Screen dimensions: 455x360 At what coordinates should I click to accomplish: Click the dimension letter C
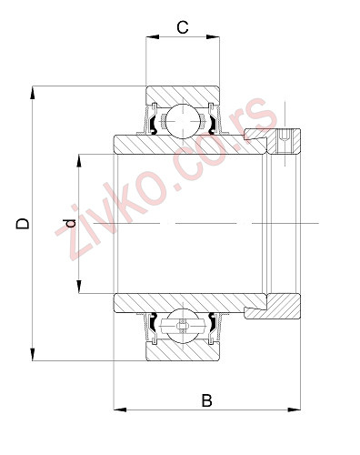click(x=183, y=26)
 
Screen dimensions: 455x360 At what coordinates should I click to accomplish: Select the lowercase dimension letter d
click(x=67, y=224)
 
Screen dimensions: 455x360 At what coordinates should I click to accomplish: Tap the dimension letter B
click(x=206, y=400)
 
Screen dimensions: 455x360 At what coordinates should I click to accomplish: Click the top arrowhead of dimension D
click(x=34, y=91)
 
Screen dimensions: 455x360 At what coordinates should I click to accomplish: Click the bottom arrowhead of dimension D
click(x=34, y=356)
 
